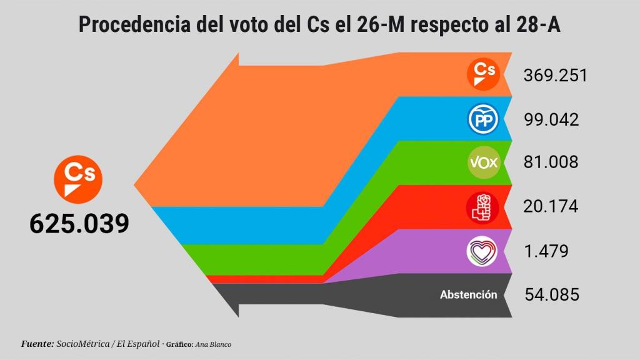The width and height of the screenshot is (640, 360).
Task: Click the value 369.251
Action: pyautogui.click(x=555, y=76)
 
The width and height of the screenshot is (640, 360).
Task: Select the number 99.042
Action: pyautogui.click(x=551, y=119)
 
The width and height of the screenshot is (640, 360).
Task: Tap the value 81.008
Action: pyautogui.click(x=551, y=162)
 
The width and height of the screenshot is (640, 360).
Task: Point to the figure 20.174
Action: pyautogui.click(x=551, y=206)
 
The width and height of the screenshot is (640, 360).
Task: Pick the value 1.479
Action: pyautogui.click(x=546, y=251)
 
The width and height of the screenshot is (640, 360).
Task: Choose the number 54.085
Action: pyautogui.click(x=551, y=294)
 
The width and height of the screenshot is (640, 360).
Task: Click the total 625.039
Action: pyautogui.click(x=79, y=223)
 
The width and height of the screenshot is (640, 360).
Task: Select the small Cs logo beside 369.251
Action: pyautogui.click(x=483, y=74)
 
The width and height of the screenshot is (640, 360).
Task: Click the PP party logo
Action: pyautogui.click(x=483, y=119)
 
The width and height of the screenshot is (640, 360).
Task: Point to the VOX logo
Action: pyautogui.click(x=483, y=163)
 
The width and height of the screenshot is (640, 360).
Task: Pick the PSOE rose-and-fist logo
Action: pyautogui.click(x=483, y=207)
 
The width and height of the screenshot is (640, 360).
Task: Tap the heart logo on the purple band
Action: pyautogui.click(x=483, y=251)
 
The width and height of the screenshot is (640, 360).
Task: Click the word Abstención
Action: pyautogui.click(x=469, y=294)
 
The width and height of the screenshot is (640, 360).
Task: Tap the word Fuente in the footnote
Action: pyautogui.click(x=37, y=344)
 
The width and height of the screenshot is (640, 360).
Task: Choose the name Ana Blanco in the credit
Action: pyautogui.click(x=213, y=344)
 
